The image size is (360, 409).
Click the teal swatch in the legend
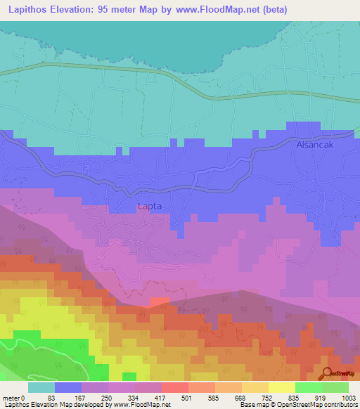(x=41, y=387)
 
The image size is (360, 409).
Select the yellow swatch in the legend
(x=281, y=387)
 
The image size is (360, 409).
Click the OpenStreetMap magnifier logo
(x=328, y=372)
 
